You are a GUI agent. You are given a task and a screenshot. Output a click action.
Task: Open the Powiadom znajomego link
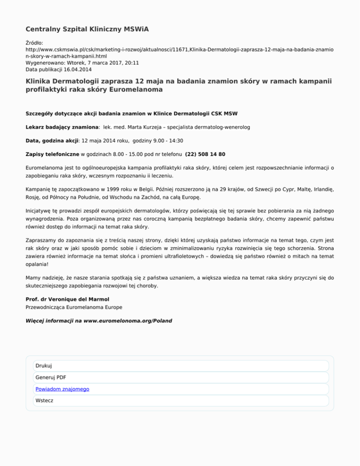62,389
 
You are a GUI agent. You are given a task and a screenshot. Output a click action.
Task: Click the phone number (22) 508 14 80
206,153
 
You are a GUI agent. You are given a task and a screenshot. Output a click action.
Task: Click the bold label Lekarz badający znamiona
61,127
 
